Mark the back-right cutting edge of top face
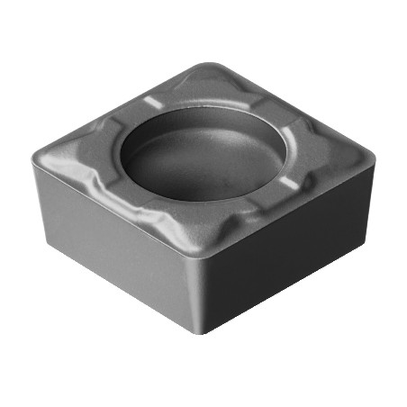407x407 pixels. point(297,108)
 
